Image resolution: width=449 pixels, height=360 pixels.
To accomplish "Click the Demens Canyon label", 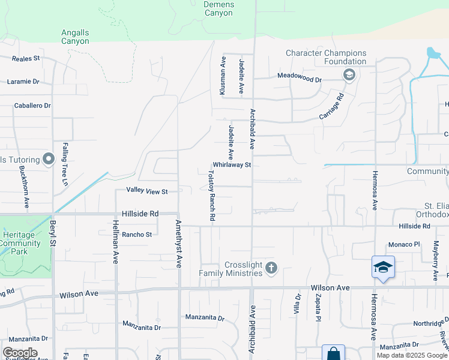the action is click(218, 8).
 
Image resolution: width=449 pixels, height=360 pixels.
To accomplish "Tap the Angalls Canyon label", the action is click(75, 37).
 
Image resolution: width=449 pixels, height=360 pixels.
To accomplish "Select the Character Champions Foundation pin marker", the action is click(348, 75).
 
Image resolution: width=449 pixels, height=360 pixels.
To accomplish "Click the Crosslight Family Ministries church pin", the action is click(271, 267).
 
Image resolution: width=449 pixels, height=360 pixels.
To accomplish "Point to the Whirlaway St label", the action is click(231, 164).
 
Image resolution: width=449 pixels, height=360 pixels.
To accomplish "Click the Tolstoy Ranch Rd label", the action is click(211, 196).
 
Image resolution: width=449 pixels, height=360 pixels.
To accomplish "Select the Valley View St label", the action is click(146, 191).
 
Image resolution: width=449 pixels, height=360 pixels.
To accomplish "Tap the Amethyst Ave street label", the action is click(178, 243).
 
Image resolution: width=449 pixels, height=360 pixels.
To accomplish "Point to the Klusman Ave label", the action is click(223, 76).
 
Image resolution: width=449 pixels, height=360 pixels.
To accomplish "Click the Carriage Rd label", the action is click(332, 106).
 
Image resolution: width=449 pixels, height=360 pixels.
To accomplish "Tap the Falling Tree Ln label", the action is click(65, 163).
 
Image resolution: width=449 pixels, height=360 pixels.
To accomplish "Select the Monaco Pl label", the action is click(404, 244).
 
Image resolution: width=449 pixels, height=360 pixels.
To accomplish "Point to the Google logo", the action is click(20, 353).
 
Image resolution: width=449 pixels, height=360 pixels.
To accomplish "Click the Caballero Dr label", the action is click(32, 106).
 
